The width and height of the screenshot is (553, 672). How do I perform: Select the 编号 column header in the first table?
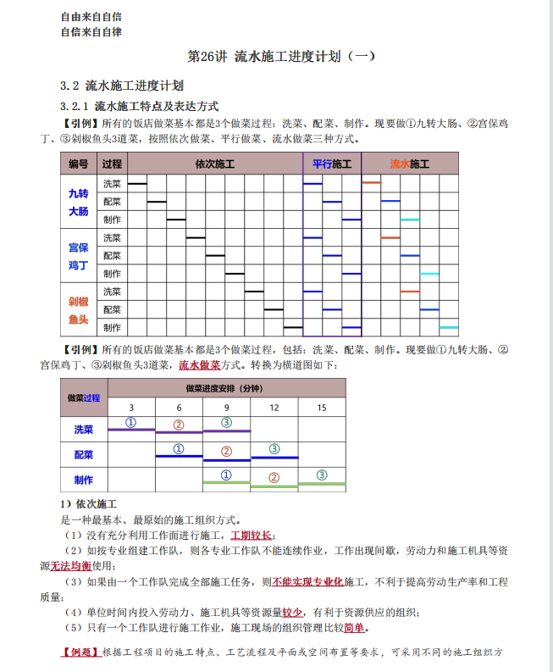tap(79, 164)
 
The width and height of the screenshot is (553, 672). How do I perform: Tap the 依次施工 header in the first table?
tap(214, 164)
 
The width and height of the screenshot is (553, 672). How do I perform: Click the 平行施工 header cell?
tap(332, 164)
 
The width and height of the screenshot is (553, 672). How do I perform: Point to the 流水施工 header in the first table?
tap(410, 164)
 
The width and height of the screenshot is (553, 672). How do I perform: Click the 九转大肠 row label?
tap(79, 202)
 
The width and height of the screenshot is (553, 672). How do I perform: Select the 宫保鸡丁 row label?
tap(79, 256)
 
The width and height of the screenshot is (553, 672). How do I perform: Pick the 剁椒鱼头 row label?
tap(79, 310)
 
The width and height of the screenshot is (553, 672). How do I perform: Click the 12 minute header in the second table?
tap(274, 408)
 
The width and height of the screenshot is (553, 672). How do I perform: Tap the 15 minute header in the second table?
tap(322, 408)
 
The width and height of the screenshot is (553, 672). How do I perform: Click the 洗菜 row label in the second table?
tap(84, 430)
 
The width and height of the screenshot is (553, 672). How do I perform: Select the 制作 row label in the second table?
tap(84, 479)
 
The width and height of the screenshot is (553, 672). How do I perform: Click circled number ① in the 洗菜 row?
tap(131, 421)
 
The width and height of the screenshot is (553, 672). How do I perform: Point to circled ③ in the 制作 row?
tap(322, 475)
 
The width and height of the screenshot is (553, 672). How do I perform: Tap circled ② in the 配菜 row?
tap(226, 451)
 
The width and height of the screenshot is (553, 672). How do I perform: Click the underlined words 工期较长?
tap(251, 536)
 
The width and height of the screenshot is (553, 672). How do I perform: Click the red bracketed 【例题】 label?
tap(80, 653)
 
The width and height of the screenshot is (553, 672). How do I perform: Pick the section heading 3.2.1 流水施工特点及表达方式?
tap(140, 106)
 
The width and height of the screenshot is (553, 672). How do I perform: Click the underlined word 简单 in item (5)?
tap(355, 628)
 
